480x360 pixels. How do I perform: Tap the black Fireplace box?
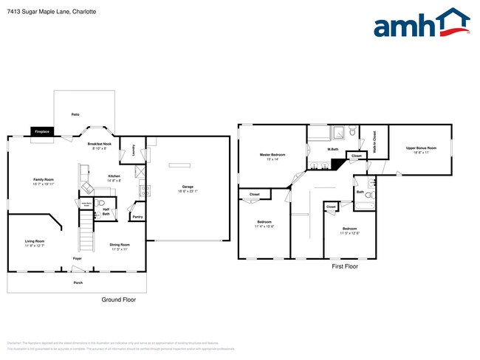click(x=41, y=131)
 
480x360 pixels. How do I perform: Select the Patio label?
click(x=75, y=115)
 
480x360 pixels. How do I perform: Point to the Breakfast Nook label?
click(x=100, y=144)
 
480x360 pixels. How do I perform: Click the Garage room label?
click(x=188, y=187)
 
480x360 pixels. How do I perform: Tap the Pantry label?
click(x=137, y=217)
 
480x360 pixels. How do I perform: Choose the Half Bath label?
click(x=106, y=212)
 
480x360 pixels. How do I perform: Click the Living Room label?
click(x=35, y=241)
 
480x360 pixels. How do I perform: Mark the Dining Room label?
click(x=120, y=244)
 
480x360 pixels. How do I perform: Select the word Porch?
click(x=78, y=282)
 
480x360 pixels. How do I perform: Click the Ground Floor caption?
click(x=118, y=300)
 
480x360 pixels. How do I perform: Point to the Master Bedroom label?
click(x=272, y=155)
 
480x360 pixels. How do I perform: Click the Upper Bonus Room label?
click(x=421, y=149)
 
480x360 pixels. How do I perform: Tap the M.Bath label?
click(x=333, y=150)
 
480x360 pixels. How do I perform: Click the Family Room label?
click(x=44, y=179)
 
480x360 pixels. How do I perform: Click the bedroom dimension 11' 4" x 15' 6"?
click(x=265, y=226)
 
